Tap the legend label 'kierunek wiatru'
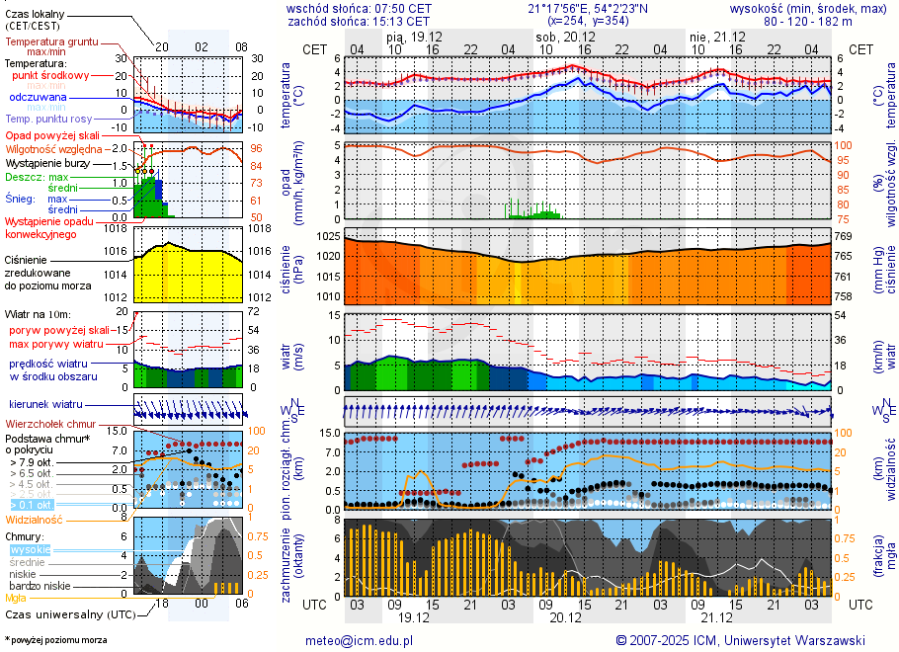coord(44,405)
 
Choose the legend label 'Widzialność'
coord(34,519)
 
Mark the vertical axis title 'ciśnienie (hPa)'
coord(299,267)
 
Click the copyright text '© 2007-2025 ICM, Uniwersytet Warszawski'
coord(740,640)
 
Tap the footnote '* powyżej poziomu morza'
coord(55,640)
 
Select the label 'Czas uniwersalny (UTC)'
coord(68,614)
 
